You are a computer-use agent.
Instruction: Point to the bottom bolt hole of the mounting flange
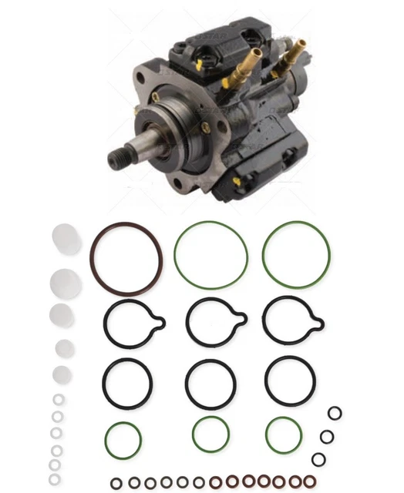179,185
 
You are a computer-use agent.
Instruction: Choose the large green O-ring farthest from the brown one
297,254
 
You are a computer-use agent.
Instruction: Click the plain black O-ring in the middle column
210,382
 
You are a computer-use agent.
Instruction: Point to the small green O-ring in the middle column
210,435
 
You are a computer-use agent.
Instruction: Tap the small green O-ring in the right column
284,435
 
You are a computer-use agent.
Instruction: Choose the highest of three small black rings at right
335,414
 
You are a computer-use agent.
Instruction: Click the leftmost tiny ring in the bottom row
116,482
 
